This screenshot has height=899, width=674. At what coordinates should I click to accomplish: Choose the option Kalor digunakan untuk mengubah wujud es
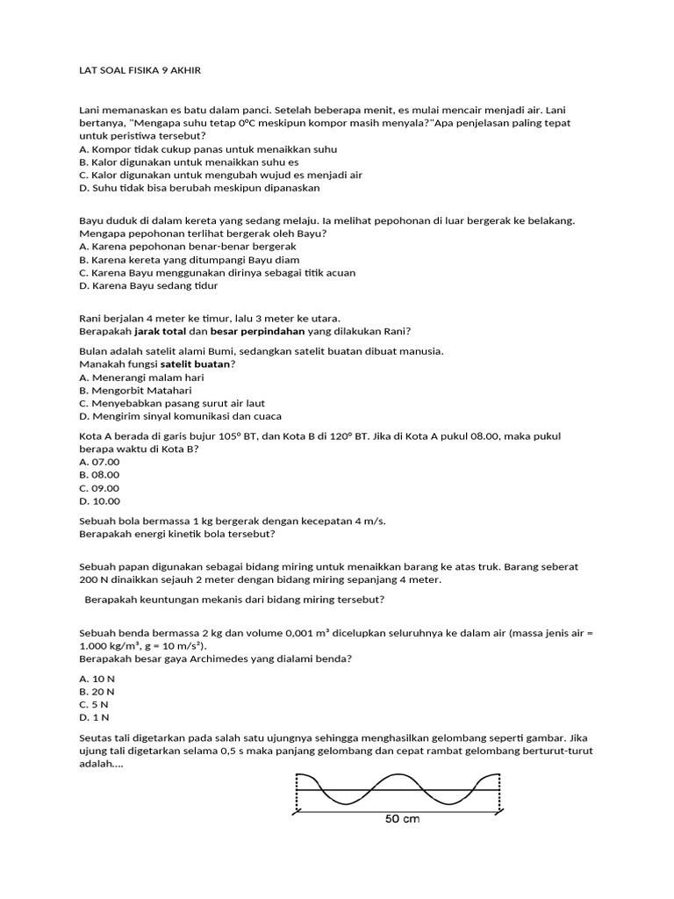point(220,175)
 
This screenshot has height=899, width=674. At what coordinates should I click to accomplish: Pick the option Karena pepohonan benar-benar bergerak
point(188,247)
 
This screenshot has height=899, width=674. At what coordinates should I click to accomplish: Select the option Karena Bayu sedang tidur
point(148,285)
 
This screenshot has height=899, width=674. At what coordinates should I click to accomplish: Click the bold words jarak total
point(160,331)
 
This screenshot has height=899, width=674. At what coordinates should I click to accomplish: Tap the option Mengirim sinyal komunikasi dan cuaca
point(180,416)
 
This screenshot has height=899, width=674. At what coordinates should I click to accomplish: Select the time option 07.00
point(99,462)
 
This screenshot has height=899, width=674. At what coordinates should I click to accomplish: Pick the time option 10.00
point(99,501)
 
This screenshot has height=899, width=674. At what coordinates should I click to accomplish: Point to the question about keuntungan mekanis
point(234,600)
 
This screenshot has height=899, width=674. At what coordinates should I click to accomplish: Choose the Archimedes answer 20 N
point(97,691)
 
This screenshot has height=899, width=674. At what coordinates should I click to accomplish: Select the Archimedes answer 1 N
point(94,717)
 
